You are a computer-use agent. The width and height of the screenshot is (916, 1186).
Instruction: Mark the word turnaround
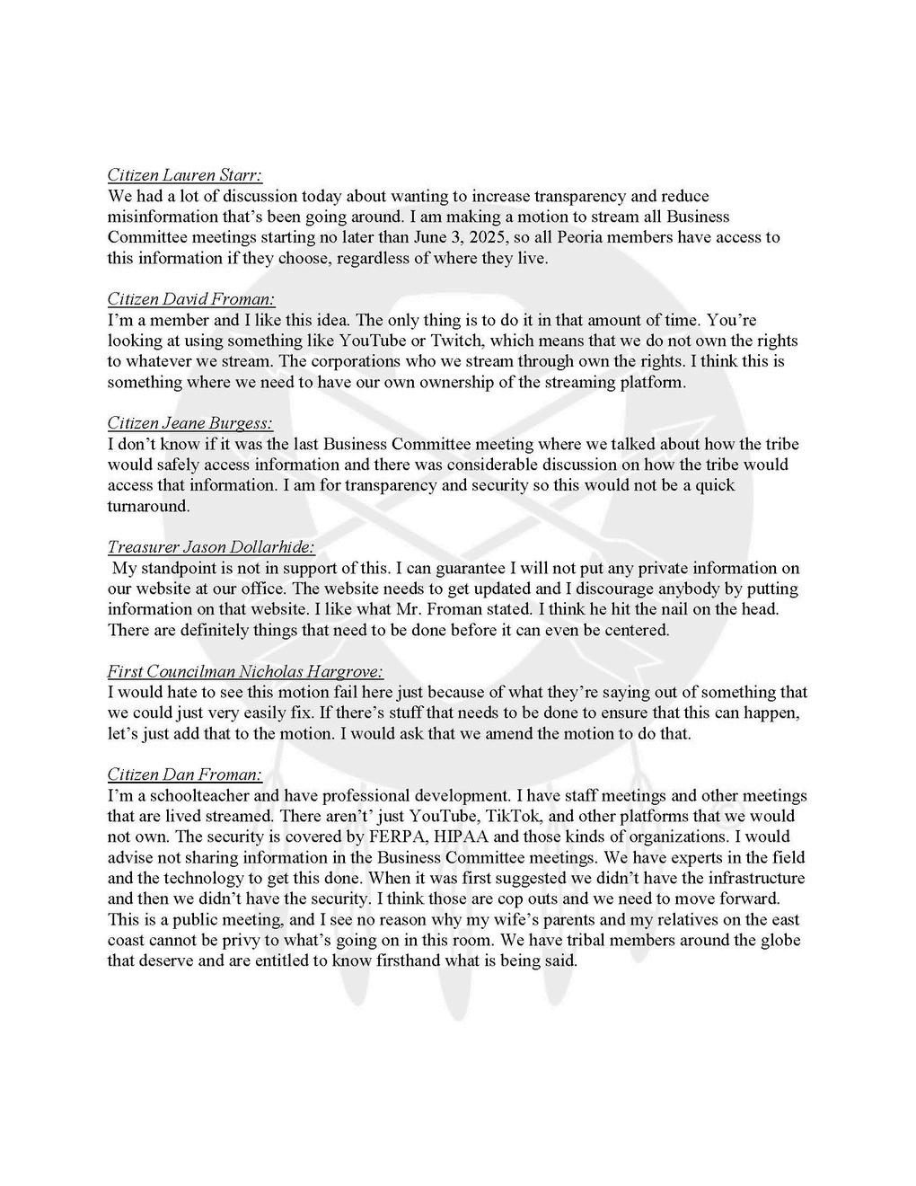[148, 506]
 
